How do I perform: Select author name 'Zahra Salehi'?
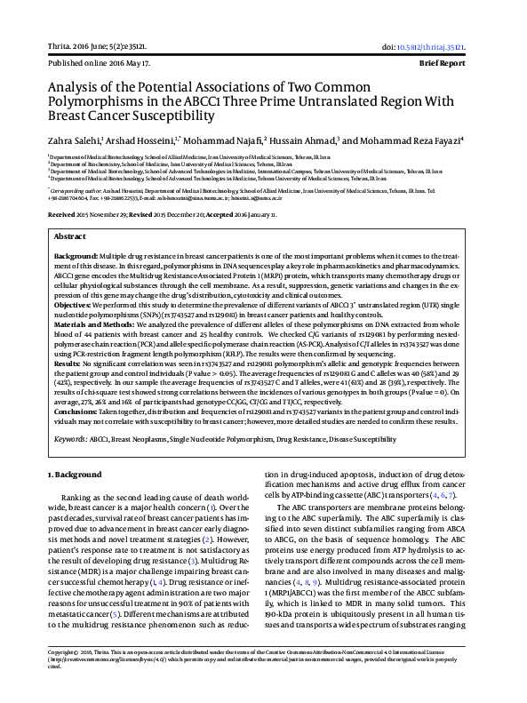pos(76,140)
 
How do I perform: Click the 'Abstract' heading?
pos(70,238)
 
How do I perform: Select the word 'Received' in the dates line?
pos(62,215)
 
